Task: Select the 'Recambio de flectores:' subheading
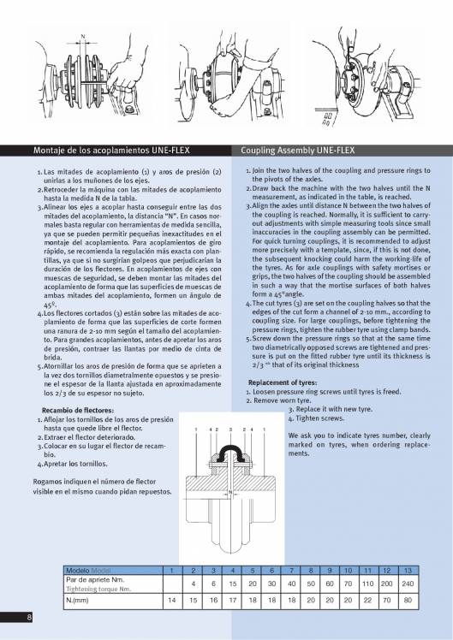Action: coord(63,411)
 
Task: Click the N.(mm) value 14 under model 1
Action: coord(173,601)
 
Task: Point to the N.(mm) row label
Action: coord(79,601)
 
